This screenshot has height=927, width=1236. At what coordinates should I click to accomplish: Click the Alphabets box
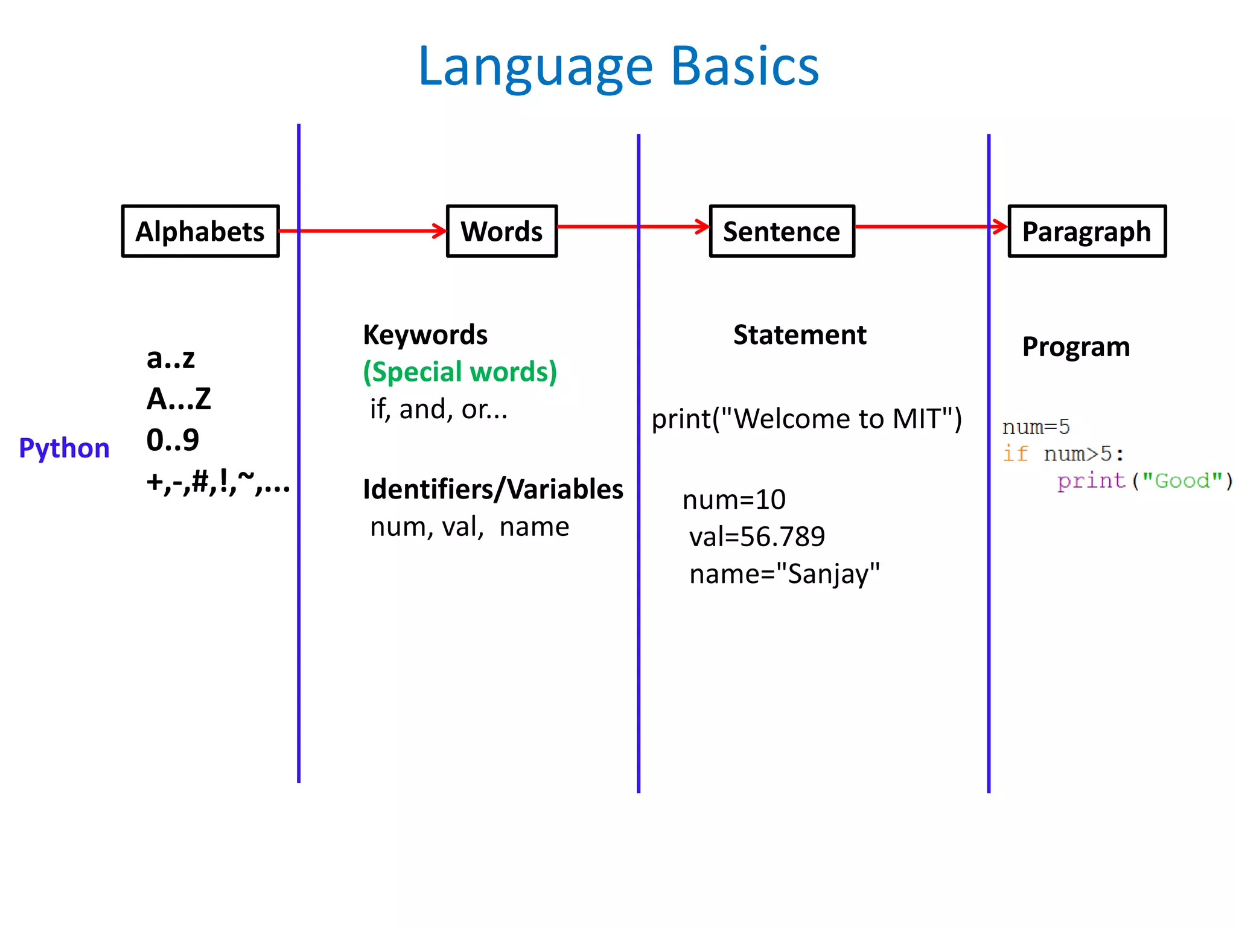point(200,232)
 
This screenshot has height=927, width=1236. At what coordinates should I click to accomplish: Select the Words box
point(502,232)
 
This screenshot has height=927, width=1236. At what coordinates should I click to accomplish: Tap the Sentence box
point(782,232)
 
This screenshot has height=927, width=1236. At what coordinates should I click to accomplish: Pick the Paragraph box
point(1087,232)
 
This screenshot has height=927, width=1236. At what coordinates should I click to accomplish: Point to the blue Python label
point(65,448)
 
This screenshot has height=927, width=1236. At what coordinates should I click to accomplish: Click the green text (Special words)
point(460,372)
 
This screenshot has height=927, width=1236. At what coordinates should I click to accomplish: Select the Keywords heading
point(425,335)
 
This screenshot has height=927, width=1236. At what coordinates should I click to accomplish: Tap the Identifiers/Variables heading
point(492,489)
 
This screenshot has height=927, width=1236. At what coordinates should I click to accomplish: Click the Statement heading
point(800,335)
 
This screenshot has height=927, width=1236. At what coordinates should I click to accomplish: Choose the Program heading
point(1076,347)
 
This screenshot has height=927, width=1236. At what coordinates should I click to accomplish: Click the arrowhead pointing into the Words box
point(439,231)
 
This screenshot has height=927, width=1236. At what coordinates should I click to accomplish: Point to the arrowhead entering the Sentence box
point(702,227)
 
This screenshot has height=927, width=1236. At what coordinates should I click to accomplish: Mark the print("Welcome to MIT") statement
point(806,419)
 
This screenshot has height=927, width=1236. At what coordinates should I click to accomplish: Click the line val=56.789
point(757,537)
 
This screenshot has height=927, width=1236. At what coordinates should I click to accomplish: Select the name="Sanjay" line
point(785,574)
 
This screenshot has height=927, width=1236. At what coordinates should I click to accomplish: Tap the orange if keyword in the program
point(1015,453)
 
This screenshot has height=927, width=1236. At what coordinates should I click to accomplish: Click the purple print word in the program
point(1091,481)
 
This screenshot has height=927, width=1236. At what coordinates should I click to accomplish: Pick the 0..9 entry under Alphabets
point(173,440)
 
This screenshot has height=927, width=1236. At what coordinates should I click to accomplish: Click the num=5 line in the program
point(1036,427)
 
